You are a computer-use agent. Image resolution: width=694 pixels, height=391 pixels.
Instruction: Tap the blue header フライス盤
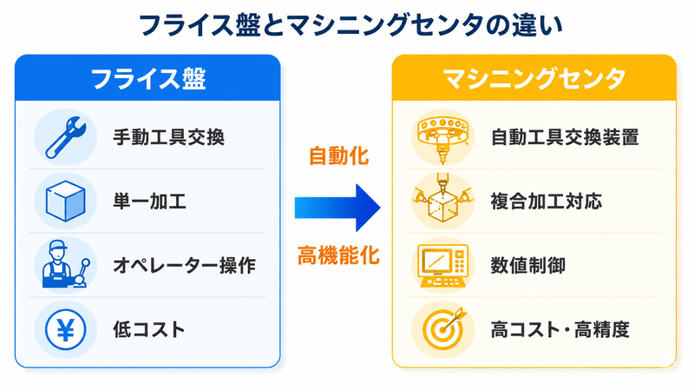[148, 79]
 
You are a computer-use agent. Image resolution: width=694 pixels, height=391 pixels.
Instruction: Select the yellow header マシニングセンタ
[534, 79]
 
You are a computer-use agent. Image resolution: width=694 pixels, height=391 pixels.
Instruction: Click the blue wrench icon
[66, 137]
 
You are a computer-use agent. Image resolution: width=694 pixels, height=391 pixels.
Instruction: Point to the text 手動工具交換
[168, 137]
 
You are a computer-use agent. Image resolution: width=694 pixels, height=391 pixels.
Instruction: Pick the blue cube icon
[66, 201]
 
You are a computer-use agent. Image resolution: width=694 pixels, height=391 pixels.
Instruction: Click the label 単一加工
[149, 202]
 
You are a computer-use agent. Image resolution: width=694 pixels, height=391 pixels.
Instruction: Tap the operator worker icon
[67, 265]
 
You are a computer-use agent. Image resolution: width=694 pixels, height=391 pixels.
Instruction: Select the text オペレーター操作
[185, 266]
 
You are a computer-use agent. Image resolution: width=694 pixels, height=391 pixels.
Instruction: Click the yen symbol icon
[66, 329]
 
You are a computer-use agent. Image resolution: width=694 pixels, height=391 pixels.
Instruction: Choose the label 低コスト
[148, 330]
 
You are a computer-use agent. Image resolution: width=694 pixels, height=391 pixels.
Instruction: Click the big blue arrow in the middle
[337, 208]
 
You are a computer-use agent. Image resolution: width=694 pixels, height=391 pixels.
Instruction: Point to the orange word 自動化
[338, 156]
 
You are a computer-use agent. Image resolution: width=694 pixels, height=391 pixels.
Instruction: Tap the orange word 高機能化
[338, 255]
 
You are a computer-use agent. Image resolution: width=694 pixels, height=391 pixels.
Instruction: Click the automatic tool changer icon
[442, 138]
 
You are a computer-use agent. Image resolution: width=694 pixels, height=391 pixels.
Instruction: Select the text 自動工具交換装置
[565, 137]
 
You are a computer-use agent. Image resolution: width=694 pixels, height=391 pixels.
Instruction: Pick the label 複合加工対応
[547, 202]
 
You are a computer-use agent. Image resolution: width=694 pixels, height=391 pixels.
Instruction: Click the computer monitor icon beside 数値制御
[442, 265]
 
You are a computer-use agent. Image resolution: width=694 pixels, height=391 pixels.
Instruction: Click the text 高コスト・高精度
[560, 330]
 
